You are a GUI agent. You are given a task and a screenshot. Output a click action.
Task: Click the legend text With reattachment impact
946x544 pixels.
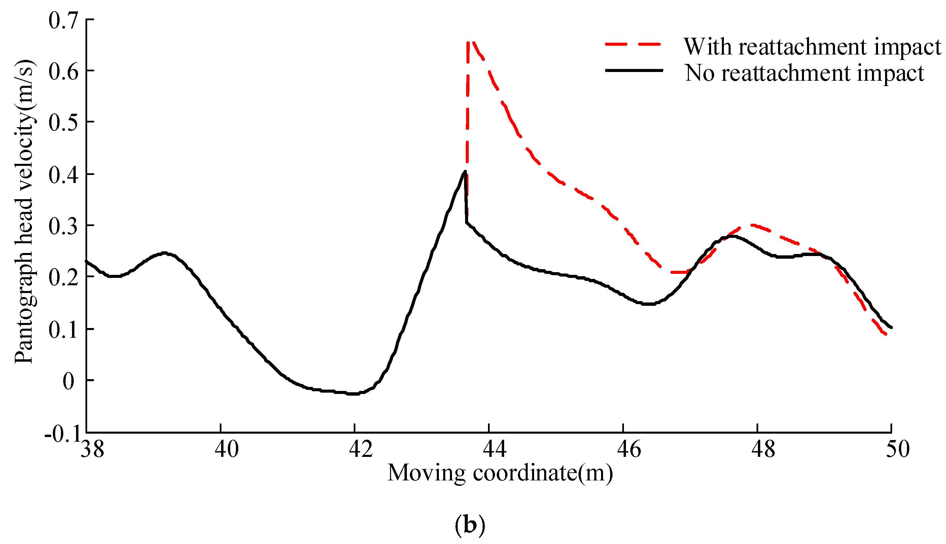click(812, 47)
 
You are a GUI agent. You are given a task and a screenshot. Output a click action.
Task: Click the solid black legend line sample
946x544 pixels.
click(634, 70)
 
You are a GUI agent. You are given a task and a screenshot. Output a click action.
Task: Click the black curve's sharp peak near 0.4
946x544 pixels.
click(465, 172)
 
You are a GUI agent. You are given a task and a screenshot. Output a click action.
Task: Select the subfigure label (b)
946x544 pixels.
click(470, 525)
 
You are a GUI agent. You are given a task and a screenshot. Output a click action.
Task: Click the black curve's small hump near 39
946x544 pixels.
click(165, 253)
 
